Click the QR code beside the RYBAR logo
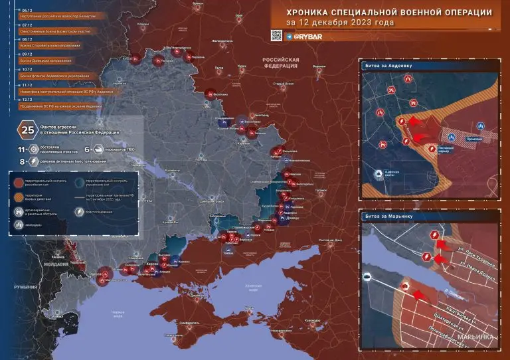coord(276,35)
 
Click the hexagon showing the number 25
coord(29,130)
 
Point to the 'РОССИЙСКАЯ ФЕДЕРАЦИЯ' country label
coord(281,62)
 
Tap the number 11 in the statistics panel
coord(21,151)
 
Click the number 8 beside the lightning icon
coord(22,161)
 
